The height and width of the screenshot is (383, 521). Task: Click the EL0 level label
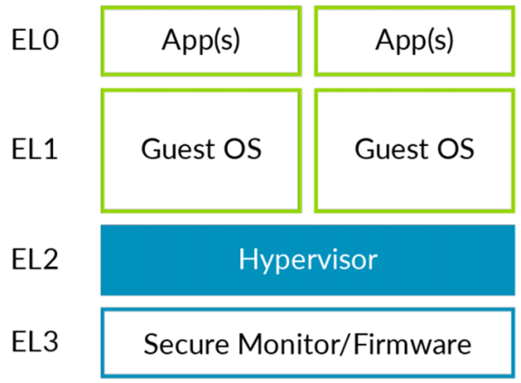pos(35,40)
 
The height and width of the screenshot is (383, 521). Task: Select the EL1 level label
pos(34,150)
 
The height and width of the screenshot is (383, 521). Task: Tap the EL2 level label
pos(35,258)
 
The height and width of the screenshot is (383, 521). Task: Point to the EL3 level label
pos(35,342)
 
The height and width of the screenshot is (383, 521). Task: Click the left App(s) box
pos(201,41)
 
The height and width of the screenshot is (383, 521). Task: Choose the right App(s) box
pos(414,41)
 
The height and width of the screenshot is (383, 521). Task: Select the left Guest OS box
pos(201,151)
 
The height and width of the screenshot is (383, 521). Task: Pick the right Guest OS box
pos(414,151)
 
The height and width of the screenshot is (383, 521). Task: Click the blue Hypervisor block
pos(308,260)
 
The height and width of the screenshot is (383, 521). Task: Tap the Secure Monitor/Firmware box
pos(308,343)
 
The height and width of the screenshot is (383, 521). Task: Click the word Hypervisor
pos(308,260)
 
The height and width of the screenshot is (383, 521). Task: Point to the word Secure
pos(186,344)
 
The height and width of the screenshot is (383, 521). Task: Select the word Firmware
pos(412,344)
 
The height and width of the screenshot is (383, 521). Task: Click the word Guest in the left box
pos(178,149)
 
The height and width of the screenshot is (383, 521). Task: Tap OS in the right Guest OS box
pos(455,149)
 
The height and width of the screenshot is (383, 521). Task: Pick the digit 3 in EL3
pos(50,342)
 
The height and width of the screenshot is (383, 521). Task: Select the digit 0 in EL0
pos(50,40)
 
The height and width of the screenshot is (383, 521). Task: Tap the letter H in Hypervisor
pos(247,258)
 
